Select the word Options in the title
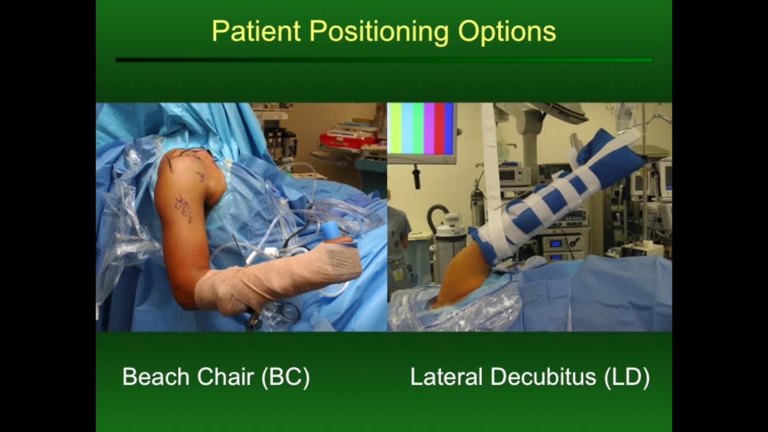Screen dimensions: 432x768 pos(507,31)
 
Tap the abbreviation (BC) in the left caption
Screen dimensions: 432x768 pos(286,377)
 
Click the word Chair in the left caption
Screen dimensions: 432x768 pos(227,377)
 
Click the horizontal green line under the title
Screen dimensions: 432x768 pos(384,60)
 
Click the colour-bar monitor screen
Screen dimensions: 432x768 pos(421,129)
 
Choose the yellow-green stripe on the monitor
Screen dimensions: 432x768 pos(395,128)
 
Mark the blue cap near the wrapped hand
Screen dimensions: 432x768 pos(331,231)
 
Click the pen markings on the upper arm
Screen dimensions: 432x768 pos(184,208)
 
